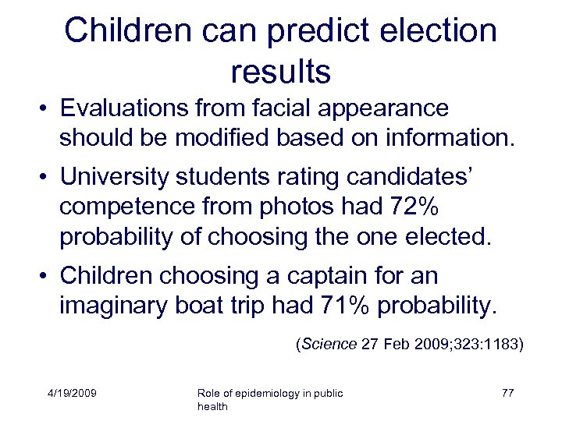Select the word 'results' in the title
(x=281, y=72)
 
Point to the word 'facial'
(x=304, y=108)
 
